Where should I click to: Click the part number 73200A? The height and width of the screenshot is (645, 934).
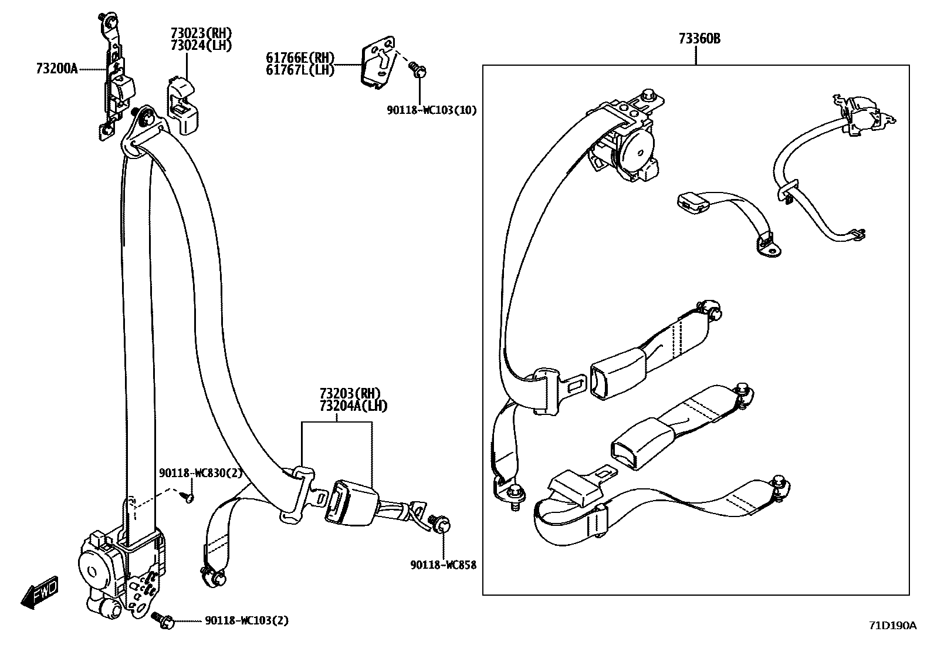57,69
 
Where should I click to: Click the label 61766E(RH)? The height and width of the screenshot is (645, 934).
300,58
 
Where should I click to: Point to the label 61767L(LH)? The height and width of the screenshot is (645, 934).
300,70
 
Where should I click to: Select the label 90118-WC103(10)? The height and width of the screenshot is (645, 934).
431,110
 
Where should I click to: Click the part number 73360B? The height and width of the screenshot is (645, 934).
699,39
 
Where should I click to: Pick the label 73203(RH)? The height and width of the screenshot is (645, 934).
350,393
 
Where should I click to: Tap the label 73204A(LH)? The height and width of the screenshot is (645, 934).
354,406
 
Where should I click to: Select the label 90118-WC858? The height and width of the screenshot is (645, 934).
443,565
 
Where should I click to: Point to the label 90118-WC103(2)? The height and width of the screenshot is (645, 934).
246,620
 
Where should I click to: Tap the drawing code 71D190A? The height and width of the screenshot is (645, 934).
892,626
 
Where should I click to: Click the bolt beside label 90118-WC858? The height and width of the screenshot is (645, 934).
438,522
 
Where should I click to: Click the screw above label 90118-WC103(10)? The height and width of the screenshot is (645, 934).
418,70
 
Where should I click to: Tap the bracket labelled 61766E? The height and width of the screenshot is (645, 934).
377,65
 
